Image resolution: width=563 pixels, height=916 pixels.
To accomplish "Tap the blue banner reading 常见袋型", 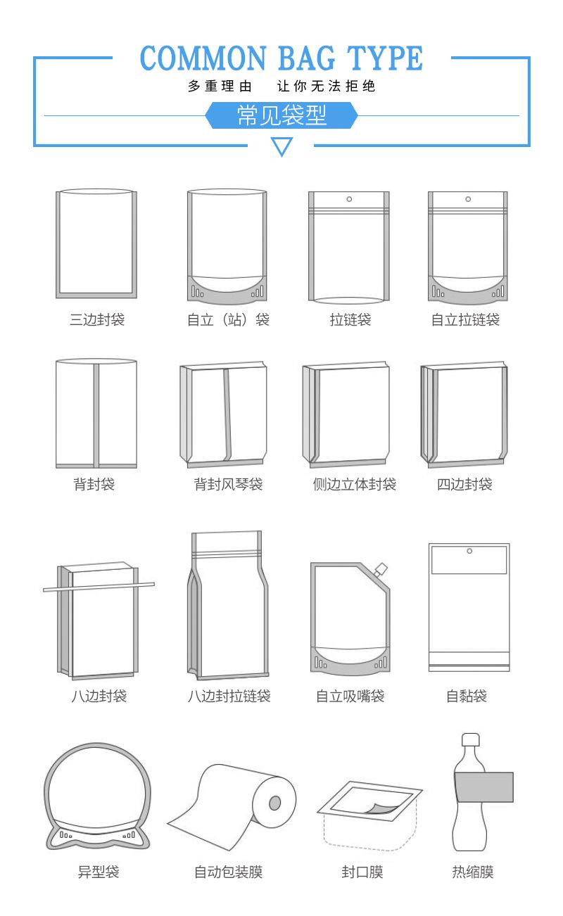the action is (x=281, y=115).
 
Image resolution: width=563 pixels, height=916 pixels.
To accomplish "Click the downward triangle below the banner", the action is (x=281, y=146).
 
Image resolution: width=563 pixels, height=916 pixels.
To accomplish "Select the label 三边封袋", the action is (x=97, y=320).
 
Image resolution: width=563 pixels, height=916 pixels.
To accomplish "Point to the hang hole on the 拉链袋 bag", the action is (x=348, y=199).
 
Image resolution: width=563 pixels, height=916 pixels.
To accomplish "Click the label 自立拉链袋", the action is (x=465, y=320).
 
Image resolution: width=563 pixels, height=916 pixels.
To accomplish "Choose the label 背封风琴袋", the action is (x=228, y=485).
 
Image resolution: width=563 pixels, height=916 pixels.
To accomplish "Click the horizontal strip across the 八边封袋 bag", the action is (x=99, y=586).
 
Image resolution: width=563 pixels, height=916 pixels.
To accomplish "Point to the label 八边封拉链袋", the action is (x=229, y=696).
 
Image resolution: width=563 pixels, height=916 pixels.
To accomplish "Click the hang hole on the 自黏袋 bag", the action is (x=469, y=551).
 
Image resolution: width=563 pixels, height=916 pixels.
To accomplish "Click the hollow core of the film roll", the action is (x=275, y=803).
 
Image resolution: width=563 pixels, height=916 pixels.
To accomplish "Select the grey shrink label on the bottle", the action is (x=483, y=787).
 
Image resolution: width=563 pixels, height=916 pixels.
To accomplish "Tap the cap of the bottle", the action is (x=470, y=740).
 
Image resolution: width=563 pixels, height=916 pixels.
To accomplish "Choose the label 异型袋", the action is (x=98, y=872).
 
